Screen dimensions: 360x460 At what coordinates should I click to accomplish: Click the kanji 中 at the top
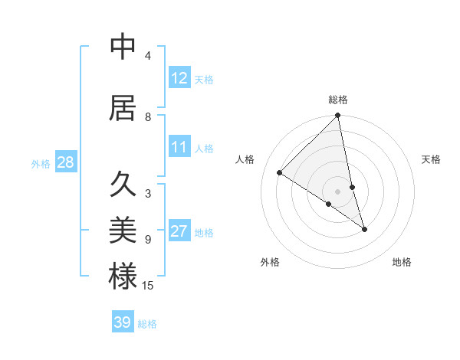(x=123, y=47)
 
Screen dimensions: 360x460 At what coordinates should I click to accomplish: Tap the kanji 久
(x=123, y=185)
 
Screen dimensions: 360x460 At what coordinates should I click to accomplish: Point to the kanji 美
(x=123, y=229)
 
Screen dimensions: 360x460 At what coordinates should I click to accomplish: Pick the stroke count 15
(x=148, y=286)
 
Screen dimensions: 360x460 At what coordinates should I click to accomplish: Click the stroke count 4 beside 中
(x=148, y=56)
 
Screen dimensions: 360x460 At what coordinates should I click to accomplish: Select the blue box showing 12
(x=179, y=78)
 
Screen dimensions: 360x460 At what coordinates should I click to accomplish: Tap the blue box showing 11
(x=179, y=147)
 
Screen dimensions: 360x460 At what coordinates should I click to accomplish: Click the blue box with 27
(x=179, y=231)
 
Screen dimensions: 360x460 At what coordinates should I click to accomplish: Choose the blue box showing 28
(x=65, y=162)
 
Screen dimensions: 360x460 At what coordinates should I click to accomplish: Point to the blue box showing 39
(x=122, y=322)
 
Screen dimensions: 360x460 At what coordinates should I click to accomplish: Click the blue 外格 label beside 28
(x=41, y=163)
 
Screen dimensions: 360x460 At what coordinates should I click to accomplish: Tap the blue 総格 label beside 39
(x=148, y=324)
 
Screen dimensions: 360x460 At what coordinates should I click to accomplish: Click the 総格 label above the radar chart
(x=338, y=100)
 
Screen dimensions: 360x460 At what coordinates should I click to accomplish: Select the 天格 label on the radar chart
(x=432, y=159)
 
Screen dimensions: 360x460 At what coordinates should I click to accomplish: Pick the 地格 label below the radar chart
(x=402, y=262)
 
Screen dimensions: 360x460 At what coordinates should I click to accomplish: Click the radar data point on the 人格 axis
(x=280, y=173)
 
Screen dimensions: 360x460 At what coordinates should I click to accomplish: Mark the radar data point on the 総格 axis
(x=338, y=116)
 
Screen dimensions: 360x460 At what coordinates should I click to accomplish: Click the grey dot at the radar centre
(x=338, y=191)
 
